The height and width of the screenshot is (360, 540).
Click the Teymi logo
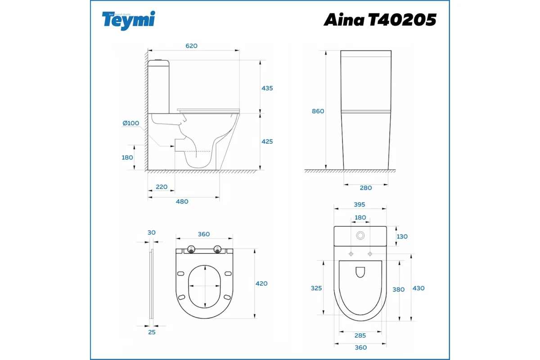129,20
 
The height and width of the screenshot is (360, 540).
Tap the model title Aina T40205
380,20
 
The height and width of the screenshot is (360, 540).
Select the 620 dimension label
192,45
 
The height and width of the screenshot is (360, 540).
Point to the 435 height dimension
267,88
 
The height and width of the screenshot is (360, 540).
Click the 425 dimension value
267,141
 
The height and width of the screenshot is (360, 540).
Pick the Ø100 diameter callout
130,123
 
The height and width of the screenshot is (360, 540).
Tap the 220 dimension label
162,187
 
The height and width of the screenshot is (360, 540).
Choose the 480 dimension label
182,202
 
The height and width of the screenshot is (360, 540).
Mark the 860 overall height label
318,111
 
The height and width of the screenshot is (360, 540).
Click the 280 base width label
366,188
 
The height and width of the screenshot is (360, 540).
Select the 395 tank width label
359,204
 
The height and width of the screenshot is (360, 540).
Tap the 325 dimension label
316,288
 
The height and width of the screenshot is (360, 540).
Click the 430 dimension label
418,288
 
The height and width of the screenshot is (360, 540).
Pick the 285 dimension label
360,335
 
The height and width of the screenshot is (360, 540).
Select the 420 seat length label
261,283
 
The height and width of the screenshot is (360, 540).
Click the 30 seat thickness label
151,232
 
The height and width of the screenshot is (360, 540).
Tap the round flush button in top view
360,235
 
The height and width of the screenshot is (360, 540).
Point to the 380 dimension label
399,290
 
